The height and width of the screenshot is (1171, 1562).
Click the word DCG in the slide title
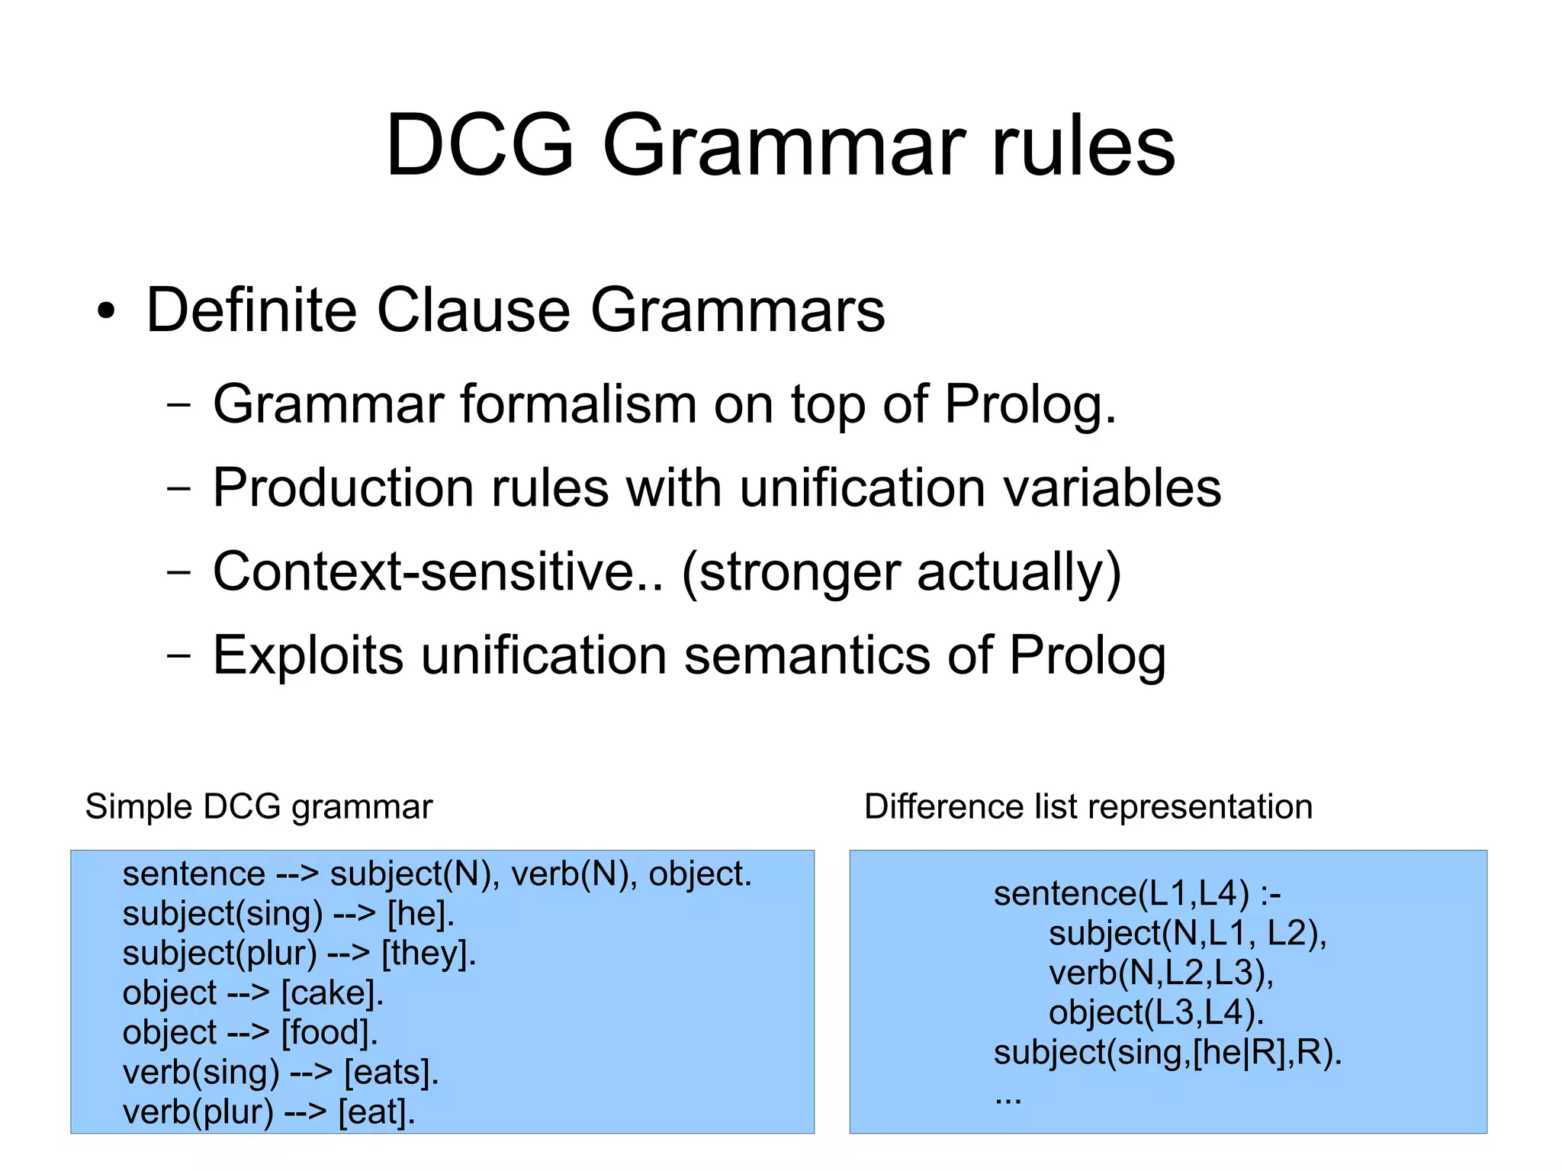479,145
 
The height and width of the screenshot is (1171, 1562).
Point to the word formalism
578,404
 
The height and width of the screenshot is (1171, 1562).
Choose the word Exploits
307,656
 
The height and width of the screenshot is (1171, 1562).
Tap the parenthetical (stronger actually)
901,574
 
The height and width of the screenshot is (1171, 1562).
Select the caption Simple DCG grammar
259,807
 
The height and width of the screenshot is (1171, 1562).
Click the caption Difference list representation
1088,807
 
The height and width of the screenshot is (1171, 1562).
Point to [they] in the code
429,954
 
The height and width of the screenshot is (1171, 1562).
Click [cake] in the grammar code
332,993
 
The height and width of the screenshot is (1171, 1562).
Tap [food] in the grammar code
329,1033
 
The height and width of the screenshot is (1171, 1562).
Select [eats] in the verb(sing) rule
391,1073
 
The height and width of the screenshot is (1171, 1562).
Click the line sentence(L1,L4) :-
1136,894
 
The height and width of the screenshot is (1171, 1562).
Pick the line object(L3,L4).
1156,1013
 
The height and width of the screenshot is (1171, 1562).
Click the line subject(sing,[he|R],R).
1167,1053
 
